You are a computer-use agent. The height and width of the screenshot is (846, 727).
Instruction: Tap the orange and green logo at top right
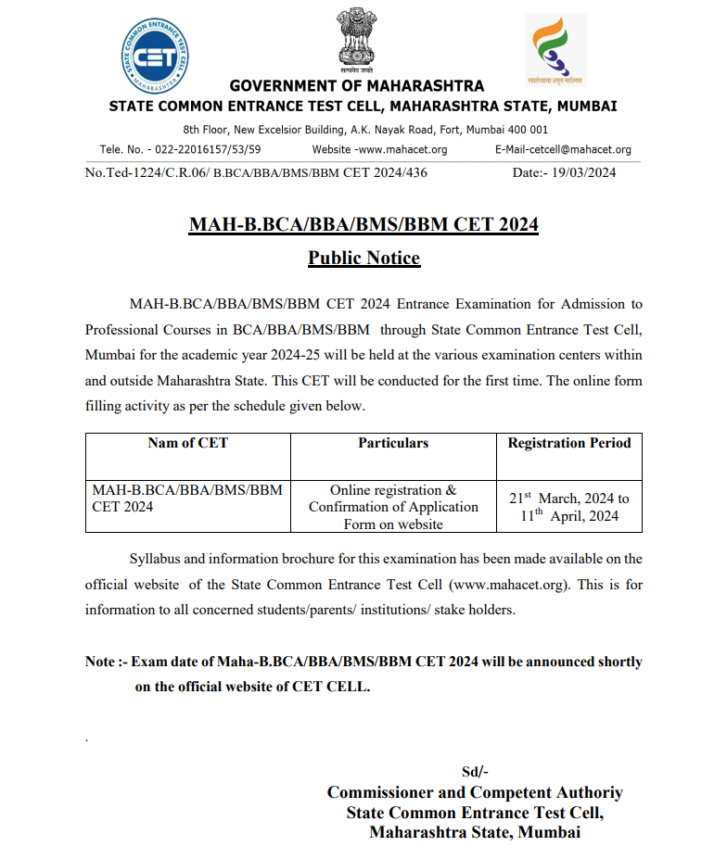(x=555, y=49)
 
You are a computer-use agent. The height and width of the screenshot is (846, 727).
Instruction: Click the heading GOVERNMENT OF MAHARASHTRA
(x=357, y=86)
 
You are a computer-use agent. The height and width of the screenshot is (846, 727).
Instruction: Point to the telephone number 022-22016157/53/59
(x=200, y=149)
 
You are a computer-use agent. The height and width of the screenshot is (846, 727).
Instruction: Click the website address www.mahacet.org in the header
(x=402, y=149)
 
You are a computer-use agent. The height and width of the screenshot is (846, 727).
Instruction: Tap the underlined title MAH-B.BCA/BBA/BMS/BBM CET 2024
(x=363, y=225)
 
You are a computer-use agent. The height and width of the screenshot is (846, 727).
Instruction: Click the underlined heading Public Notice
(x=363, y=258)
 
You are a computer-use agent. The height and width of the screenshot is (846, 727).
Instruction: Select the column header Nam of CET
(x=187, y=443)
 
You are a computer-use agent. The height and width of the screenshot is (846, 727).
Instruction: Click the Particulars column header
(x=393, y=443)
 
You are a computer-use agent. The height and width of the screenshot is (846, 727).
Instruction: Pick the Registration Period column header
(x=569, y=443)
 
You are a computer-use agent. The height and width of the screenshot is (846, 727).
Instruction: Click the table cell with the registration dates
(x=569, y=507)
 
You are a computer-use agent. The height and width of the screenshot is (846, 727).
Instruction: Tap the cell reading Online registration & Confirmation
(x=393, y=507)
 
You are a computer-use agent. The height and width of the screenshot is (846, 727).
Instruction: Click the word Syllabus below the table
(x=156, y=559)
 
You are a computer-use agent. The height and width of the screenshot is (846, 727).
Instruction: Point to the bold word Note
(x=100, y=662)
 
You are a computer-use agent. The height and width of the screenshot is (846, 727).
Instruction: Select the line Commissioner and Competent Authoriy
(x=475, y=792)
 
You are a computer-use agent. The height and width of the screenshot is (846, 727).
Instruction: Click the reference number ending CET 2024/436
(x=256, y=172)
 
